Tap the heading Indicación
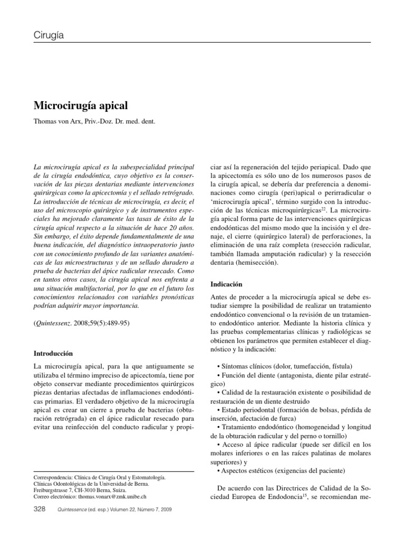(x=226, y=283)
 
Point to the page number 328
(x=40, y=509)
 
